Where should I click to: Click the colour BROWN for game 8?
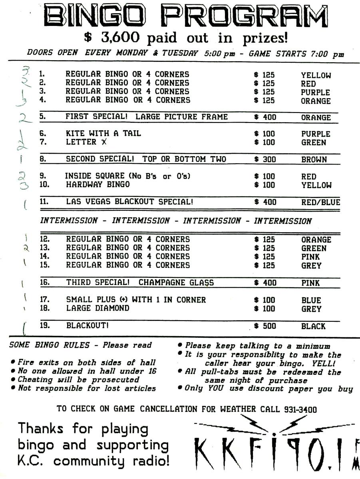click(314, 160)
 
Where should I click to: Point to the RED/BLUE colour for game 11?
click(320, 202)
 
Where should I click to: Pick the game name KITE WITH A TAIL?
click(103, 133)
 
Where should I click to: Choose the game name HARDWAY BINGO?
click(97, 184)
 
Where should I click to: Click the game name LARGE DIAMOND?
click(97, 308)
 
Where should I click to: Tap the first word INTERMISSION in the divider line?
click(69, 221)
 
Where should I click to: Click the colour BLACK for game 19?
click(313, 327)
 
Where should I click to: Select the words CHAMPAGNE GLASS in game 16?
click(176, 283)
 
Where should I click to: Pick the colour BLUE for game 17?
click(311, 300)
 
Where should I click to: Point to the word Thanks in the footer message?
click(41, 429)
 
